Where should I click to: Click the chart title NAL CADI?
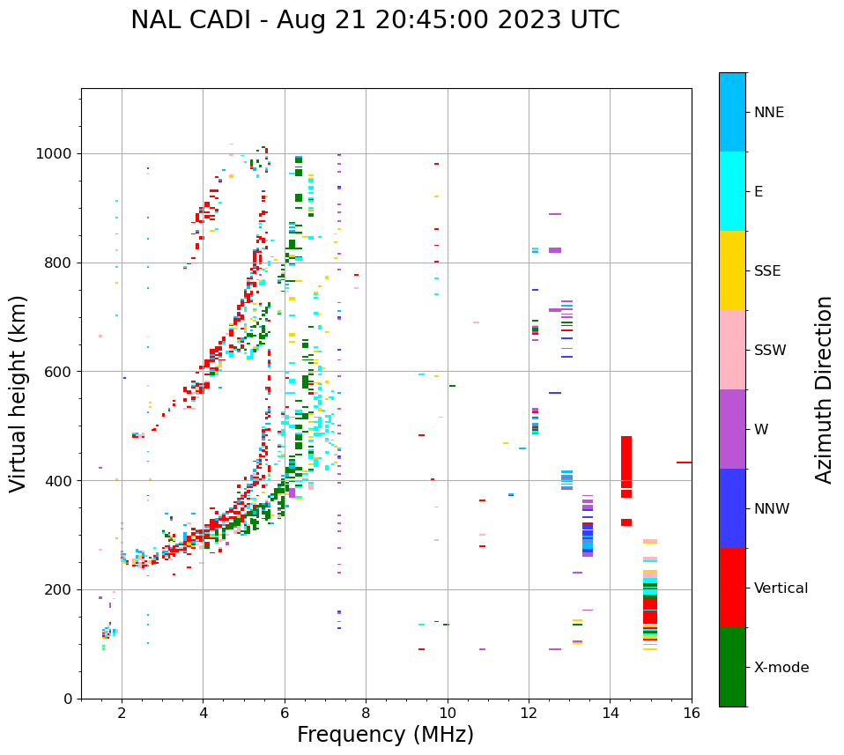[375, 20]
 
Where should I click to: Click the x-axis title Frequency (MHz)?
[385, 735]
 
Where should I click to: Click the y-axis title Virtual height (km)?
[19, 394]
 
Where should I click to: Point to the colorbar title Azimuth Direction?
[824, 389]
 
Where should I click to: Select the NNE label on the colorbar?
[768, 113]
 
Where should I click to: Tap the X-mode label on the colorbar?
[781, 668]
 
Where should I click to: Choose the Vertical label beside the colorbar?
[781, 588]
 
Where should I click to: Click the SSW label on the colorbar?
[770, 351]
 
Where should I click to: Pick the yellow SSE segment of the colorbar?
[732, 270]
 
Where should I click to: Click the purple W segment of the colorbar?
[732, 429]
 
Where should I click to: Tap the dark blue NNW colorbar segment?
[732, 508]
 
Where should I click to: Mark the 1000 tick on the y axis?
[57, 153]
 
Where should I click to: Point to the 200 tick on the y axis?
[61, 589]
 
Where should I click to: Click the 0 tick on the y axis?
[69, 699]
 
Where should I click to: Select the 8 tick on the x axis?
[366, 713]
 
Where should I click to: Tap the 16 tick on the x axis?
[692, 713]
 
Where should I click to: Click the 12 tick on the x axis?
[529, 713]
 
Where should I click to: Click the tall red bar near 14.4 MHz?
[626, 467]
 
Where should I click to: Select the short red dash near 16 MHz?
[684, 462]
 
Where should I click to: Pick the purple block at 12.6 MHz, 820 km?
[555, 250]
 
